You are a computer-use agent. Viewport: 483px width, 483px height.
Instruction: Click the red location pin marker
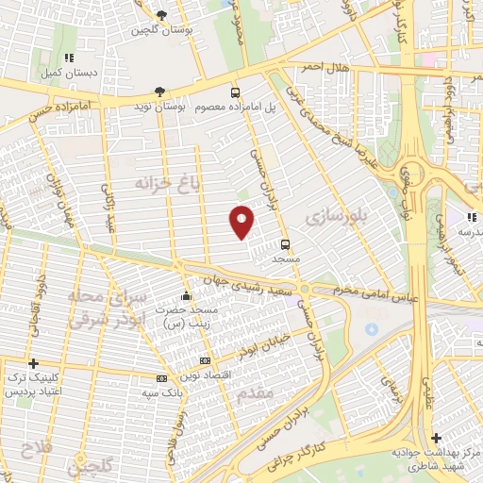coord(241,221)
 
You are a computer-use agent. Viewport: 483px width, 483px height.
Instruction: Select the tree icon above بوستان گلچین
coord(161,15)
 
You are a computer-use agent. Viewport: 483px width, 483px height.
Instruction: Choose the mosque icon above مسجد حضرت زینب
coord(187,293)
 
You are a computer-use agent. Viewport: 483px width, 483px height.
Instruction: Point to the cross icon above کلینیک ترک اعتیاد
coord(35,363)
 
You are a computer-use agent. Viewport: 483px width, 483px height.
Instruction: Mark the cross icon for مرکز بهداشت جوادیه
coord(435,438)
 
